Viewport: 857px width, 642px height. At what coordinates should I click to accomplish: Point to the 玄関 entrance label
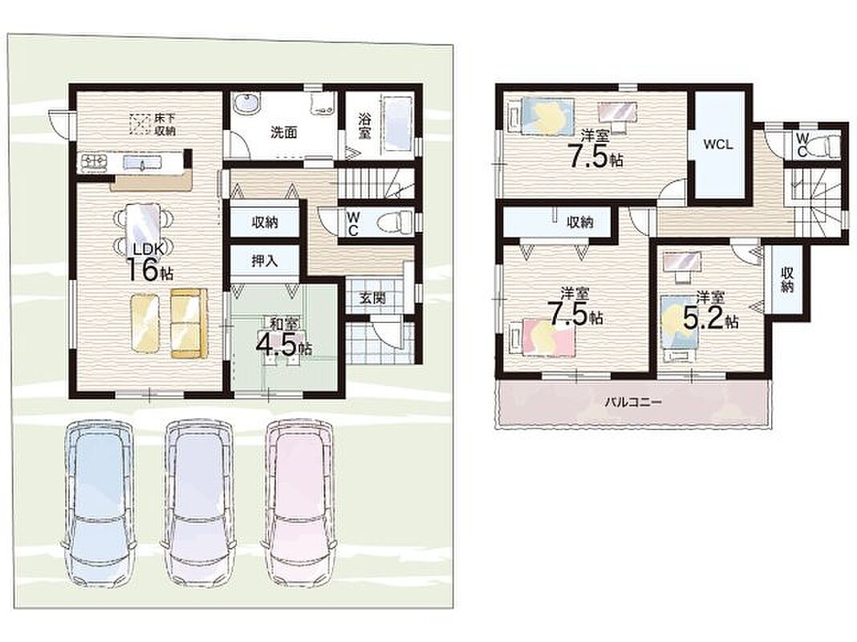[372, 298]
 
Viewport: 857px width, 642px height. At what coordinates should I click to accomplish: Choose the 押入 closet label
[265, 261]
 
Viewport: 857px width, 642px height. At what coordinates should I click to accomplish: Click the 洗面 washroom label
[284, 132]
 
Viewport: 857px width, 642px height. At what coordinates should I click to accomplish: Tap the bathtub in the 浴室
[396, 126]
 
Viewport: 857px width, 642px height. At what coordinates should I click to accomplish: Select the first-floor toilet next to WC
[395, 221]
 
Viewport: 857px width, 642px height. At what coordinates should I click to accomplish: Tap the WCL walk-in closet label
[717, 144]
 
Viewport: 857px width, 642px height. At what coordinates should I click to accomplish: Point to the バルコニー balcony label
[633, 403]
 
